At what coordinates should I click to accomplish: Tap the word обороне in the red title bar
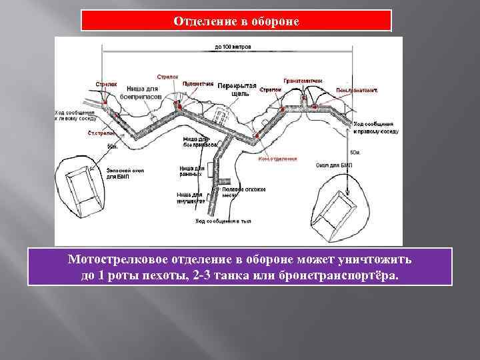click(x=275, y=21)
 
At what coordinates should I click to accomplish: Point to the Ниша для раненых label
click(x=191, y=171)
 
